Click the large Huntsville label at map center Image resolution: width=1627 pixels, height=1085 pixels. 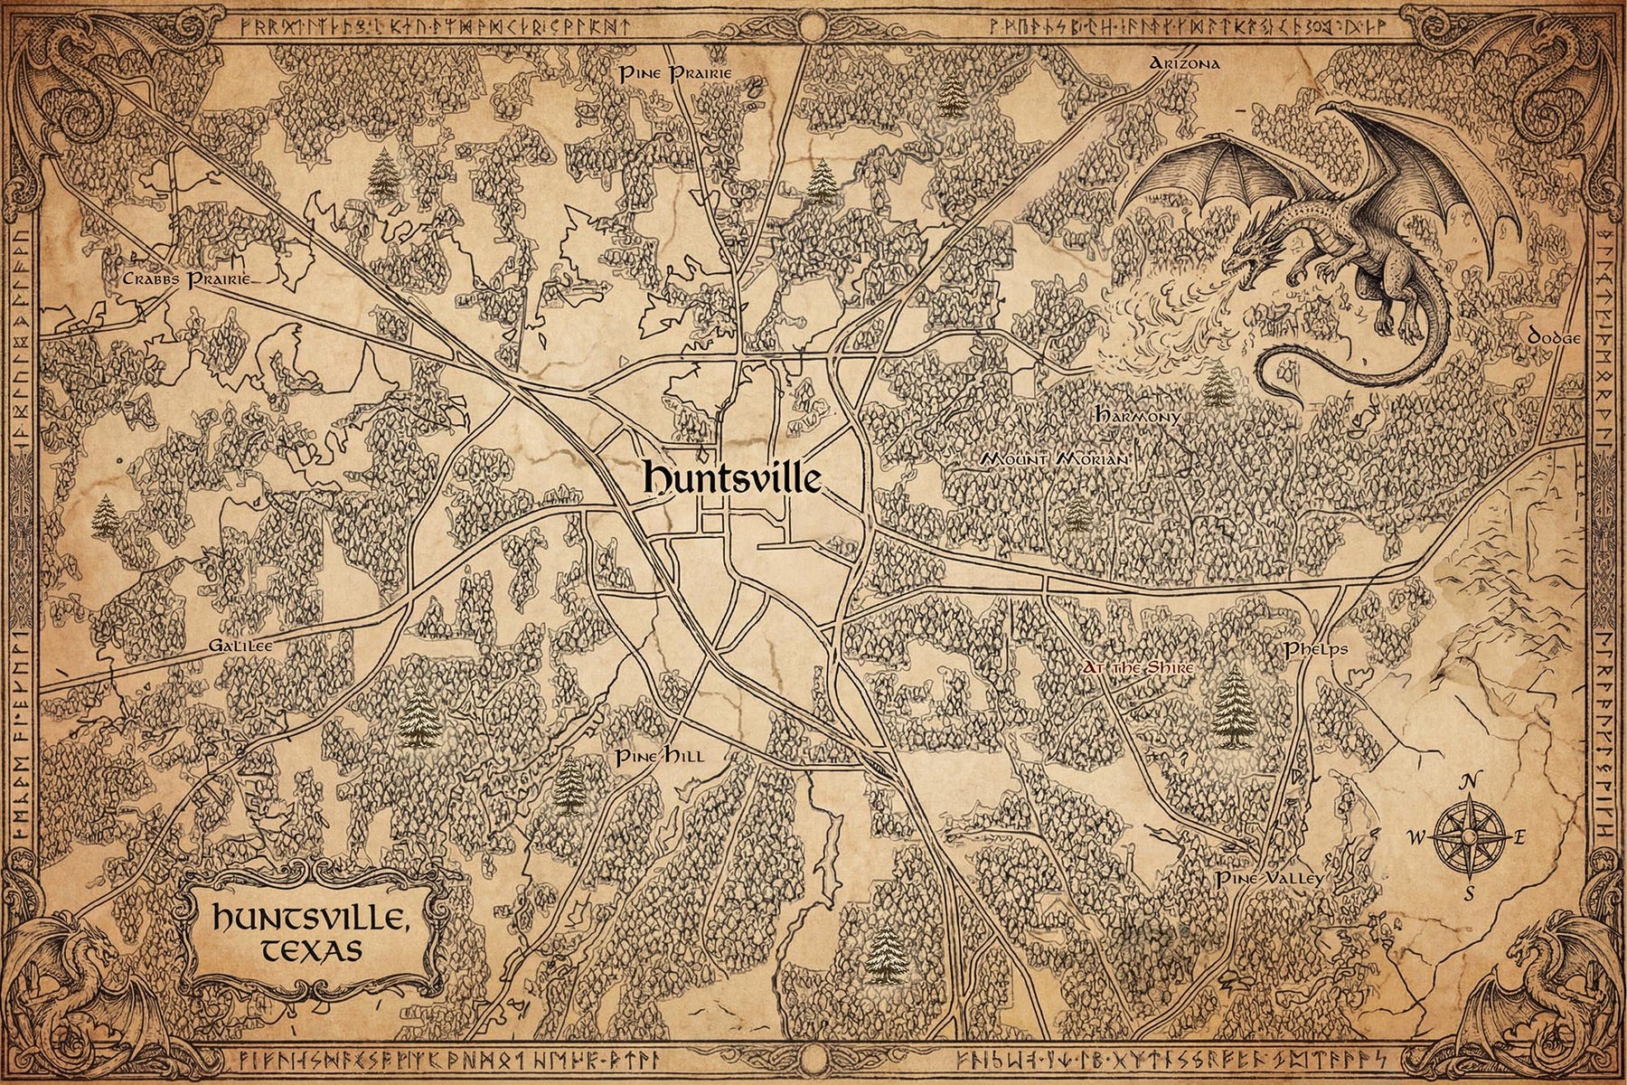coord(731,479)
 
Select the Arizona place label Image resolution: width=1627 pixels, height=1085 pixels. coord(1185,63)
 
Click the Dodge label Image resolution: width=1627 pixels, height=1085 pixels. coord(1553,336)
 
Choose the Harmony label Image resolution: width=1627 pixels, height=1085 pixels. coord(1137,417)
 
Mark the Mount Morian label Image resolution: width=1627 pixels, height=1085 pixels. coord(1055,459)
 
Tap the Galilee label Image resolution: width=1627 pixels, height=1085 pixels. coord(240,646)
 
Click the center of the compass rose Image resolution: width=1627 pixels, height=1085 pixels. coord(1470,837)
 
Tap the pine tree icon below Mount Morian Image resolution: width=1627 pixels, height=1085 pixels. coord(1077,514)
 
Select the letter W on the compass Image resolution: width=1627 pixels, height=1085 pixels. coord(1415,838)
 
